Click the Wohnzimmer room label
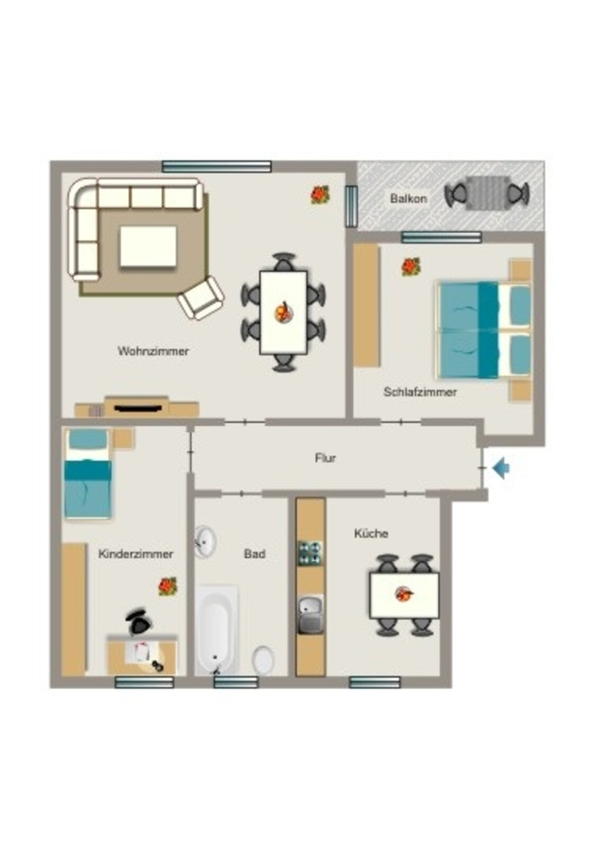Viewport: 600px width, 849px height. click(153, 351)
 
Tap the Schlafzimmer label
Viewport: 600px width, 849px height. click(420, 391)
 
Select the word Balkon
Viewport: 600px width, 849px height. click(409, 198)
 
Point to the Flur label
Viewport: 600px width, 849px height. click(325, 458)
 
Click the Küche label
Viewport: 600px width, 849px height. click(371, 533)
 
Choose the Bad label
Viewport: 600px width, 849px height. click(254, 553)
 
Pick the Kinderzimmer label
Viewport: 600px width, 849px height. click(136, 554)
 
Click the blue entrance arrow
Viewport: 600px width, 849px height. click(501, 468)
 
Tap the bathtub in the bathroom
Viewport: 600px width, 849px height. click(216, 629)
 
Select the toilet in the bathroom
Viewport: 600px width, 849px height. click(263, 659)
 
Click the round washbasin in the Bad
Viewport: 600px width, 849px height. click(205, 541)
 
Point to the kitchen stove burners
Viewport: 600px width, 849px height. click(311, 553)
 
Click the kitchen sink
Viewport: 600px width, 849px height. click(311, 614)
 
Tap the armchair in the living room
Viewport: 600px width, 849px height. click(201, 298)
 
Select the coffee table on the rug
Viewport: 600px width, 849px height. click(148, 246)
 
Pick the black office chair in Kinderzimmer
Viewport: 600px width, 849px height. click(139, 622)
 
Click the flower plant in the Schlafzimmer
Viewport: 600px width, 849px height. click(411, 266)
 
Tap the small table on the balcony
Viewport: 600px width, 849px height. click(487, 193)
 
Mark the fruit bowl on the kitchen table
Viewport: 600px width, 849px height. click(404, 594)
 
